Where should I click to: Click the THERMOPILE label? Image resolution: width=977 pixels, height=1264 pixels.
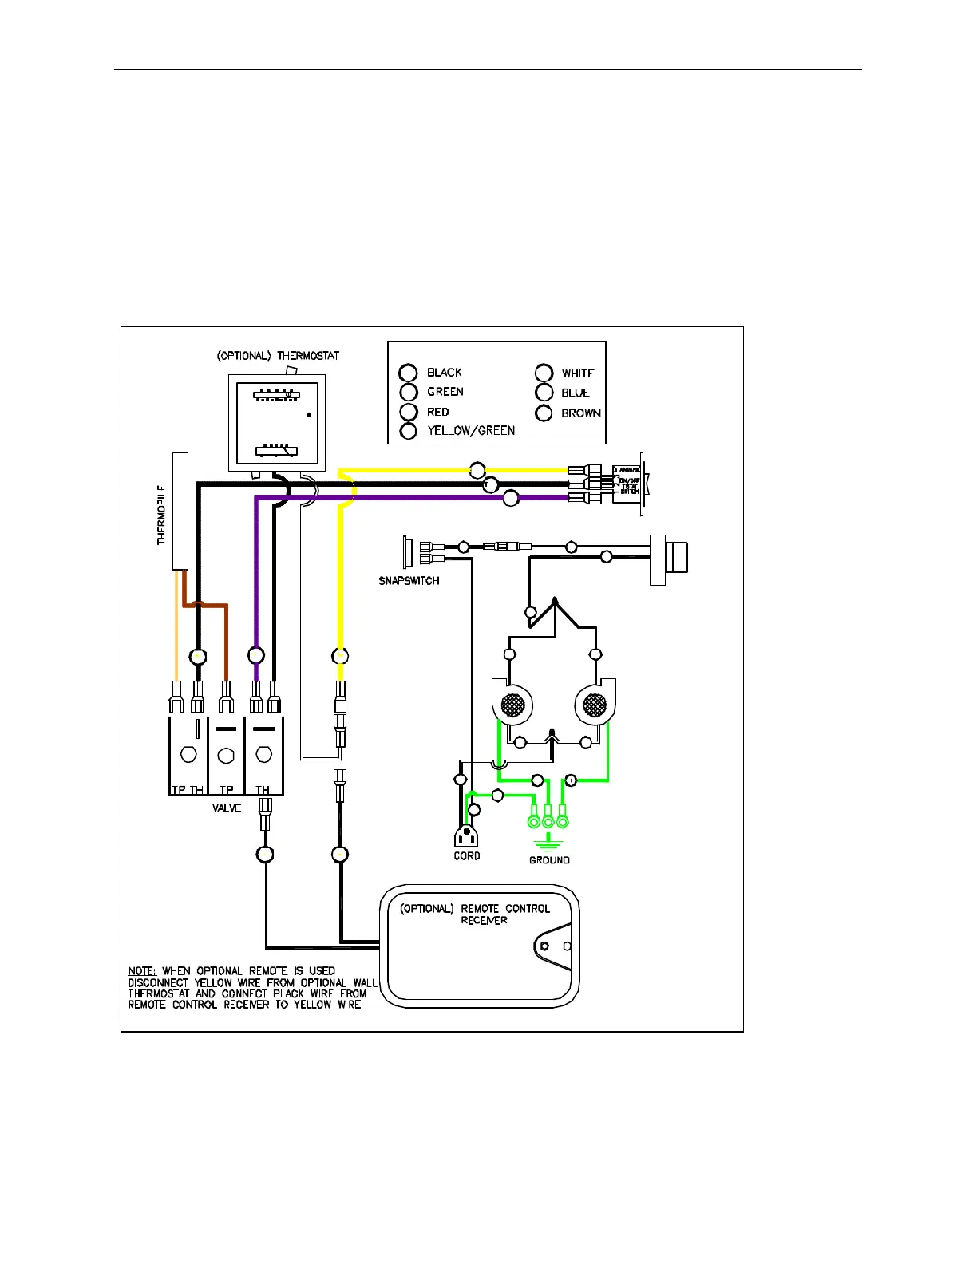point(162,515)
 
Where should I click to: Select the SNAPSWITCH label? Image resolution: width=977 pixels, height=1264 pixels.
point(409,581)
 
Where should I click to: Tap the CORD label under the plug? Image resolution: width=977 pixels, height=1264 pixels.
point(467,856)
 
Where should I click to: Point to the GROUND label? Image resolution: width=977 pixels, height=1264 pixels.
point(549,860)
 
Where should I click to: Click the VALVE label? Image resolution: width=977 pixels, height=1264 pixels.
point(227,808)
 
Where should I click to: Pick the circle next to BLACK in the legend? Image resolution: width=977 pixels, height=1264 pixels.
point(408,373)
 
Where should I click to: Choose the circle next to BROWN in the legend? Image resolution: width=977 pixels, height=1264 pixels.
point(544,413)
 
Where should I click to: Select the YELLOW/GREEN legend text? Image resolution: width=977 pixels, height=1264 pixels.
point(471,431)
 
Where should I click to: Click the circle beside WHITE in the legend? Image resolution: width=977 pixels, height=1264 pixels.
point(544,373)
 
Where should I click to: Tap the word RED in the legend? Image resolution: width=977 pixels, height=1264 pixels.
point(438,412)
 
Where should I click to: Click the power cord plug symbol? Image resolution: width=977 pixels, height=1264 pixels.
point(466,836)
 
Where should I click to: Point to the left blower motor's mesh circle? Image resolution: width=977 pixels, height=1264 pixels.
point(512,705)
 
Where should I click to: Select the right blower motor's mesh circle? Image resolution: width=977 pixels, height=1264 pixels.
point(595,705)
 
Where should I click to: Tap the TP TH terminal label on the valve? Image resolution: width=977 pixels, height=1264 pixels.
point(188,790)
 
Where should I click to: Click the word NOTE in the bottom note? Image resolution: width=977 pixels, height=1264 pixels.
point(141,971)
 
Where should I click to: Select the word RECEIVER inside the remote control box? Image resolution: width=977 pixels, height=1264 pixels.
point(485,920)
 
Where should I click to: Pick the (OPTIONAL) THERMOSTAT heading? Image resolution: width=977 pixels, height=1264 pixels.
point(278,356)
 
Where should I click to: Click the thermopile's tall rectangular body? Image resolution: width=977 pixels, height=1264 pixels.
point(180,511)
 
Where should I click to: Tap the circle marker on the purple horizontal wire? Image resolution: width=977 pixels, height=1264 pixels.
point(511,498)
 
